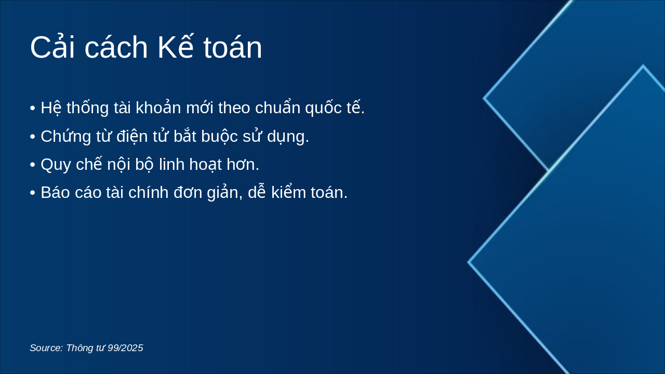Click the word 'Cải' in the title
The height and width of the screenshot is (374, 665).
pos(52,48)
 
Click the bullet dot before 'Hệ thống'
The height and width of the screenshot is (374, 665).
pos(33,109)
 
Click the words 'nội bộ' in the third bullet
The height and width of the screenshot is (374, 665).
pos(131,165)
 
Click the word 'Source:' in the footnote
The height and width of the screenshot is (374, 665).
pos(46,348)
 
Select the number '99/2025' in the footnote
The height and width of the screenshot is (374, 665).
pos(125,348)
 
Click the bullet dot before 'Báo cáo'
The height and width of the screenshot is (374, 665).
pos(33,193)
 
